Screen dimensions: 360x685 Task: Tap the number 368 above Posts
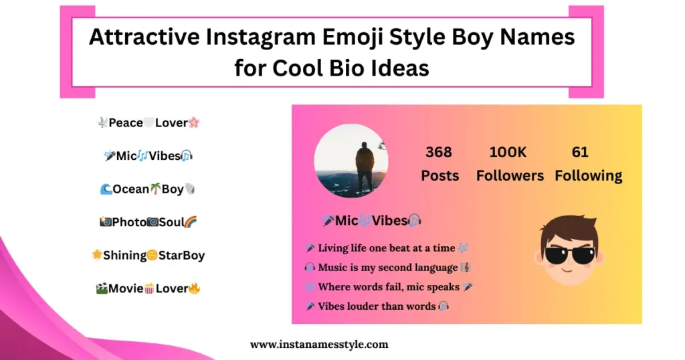pyautogui.click(x=438, y=152)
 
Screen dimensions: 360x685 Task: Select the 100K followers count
pyautogui.click(x=508, y=152)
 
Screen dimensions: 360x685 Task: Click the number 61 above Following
pyautogui.click(x=580, y=152)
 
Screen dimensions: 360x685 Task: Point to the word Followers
pyautogui.click(x=510, y=176)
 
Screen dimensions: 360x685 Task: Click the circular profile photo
pyautogui.click(x=351, y=161)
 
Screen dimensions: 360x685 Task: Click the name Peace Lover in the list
pyautogui.click(x=148, y=122)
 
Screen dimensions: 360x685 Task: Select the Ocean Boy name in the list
pyautogui.click(x=147, y=189)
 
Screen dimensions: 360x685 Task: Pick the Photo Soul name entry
pyautogui.click(x=147, y=222)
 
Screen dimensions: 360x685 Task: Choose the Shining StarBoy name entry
pyautogui.click(x=148, y=255)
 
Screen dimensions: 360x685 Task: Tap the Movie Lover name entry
pyautogui.click(x=148, y=288)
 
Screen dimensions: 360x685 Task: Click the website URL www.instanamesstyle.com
pyautogui.click(x=318, y=345)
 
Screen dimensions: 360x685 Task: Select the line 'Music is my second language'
pyautogui.click(x=388, y=268)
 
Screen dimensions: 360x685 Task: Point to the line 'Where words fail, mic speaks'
pyautogui.click(x=389, y=287)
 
